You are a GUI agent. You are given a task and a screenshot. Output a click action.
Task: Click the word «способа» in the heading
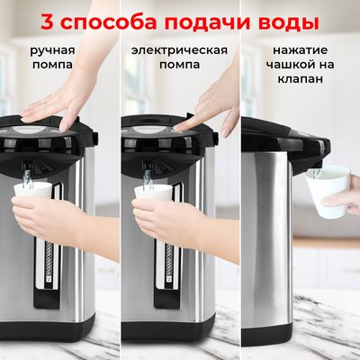[111, 20]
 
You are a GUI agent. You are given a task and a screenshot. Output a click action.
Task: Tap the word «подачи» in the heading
[198, 20]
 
